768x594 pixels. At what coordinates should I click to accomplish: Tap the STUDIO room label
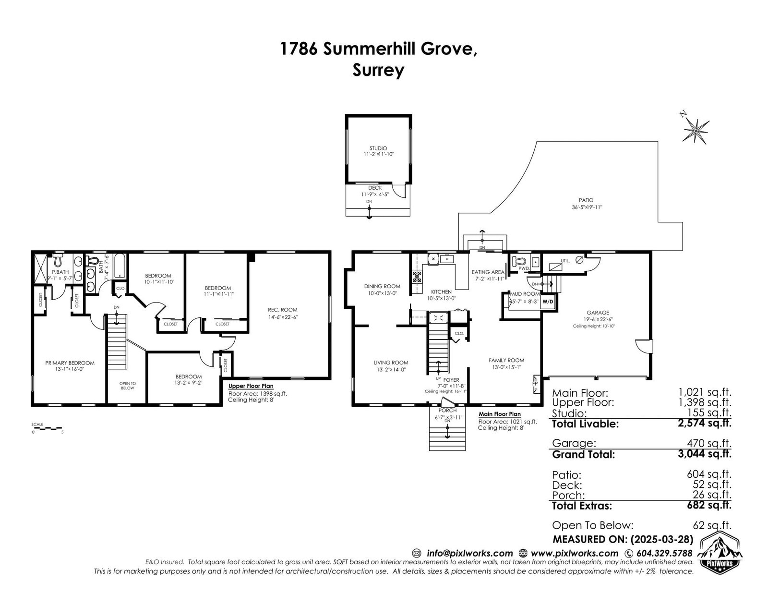[378, 148]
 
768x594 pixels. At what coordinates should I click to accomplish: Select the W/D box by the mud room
[548, 302]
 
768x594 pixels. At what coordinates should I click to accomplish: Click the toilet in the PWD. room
[518, 261]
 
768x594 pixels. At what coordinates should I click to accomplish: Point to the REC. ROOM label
[282, 310]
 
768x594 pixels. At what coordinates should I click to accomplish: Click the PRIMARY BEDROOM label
[70, 363]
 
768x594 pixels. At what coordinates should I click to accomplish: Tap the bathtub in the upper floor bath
[120, 266]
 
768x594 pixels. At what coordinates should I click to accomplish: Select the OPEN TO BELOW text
[128, 386]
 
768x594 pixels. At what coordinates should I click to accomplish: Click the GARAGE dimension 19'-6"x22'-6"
[598, 319]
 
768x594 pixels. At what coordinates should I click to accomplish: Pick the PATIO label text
[586, 200]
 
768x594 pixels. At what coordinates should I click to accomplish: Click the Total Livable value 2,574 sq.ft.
[704, 423]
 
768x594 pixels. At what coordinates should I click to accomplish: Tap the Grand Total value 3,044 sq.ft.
[704, 454]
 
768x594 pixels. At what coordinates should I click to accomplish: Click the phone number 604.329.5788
[664, 553]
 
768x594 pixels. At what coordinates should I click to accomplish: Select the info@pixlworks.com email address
[470, 553]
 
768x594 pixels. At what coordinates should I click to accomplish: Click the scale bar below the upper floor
[47, 428]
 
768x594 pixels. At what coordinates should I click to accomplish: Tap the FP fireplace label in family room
[535, 384]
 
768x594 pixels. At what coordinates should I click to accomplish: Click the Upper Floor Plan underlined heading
[251, 386]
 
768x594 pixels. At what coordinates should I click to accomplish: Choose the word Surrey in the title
[378, 70]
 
